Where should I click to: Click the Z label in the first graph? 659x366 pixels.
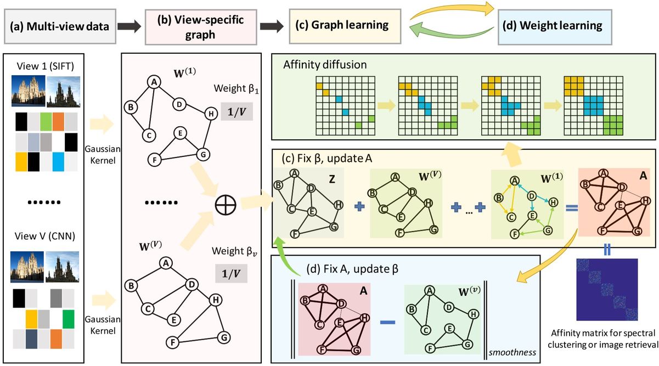point(332,179)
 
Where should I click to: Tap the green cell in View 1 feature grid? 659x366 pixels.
point(46,120)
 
